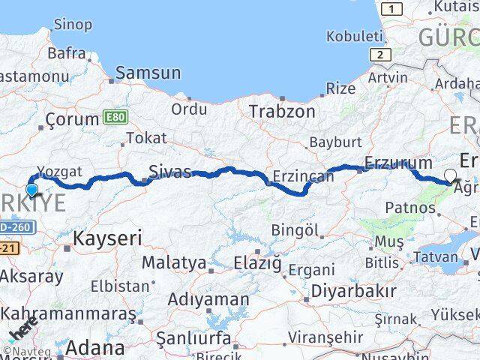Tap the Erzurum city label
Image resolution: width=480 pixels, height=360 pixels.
(398, 163)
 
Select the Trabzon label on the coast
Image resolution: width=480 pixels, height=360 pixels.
(282, 110)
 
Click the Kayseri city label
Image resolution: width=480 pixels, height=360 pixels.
(108, 239)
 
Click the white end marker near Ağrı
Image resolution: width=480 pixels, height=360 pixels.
(449, 176)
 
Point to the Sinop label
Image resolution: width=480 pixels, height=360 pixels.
(73, 25)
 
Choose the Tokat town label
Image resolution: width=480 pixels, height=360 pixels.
(147, 138)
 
